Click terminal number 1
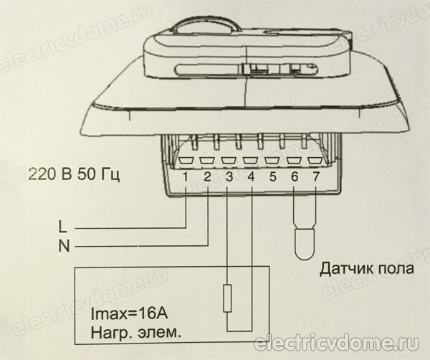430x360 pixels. pos(186,176)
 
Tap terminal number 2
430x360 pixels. pos(207,176)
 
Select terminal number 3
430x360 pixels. pos(229,176)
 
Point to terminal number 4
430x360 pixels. pos(250,176)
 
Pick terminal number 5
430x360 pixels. pos(272,176)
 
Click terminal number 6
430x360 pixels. pos(294,176)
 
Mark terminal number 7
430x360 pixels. pos(315,176)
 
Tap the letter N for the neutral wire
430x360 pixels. pos(62,246)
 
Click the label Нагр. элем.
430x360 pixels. pos(133,333)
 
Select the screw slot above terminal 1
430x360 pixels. pos(186,161)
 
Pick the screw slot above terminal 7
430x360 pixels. pos(315,161)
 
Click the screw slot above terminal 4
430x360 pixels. pos(250,161)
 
